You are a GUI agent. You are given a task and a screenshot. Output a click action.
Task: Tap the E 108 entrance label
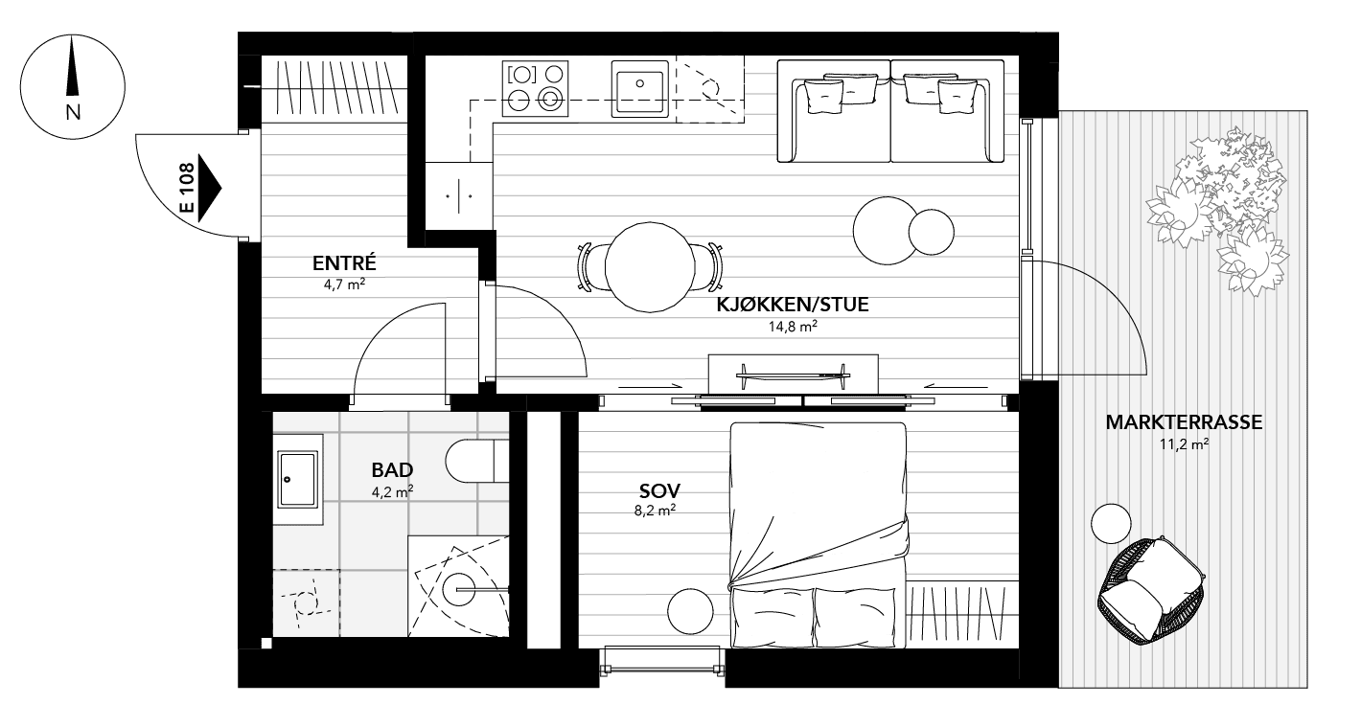click(187, 189)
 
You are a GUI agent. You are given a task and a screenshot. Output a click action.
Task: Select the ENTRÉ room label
click(343, 264)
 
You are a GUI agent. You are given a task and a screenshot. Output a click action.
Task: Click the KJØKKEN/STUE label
click(793, 307)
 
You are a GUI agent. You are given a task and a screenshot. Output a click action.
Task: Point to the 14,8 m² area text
click(793, 326)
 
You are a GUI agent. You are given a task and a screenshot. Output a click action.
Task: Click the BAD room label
click(392, 470)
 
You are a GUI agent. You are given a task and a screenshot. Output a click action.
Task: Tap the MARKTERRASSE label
click(1184, 422)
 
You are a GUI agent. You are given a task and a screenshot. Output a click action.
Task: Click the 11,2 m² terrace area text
click(1184, 443)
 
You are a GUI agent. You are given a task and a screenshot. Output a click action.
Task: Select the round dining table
click(649, 267)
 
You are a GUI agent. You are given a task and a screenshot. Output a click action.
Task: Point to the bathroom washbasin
click(297, 480)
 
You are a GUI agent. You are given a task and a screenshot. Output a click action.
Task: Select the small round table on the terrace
click(1112, 523)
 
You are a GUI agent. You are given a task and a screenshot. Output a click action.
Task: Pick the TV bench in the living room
click(793, 372)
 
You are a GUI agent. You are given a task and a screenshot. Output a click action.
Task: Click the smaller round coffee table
click(932, 231)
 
